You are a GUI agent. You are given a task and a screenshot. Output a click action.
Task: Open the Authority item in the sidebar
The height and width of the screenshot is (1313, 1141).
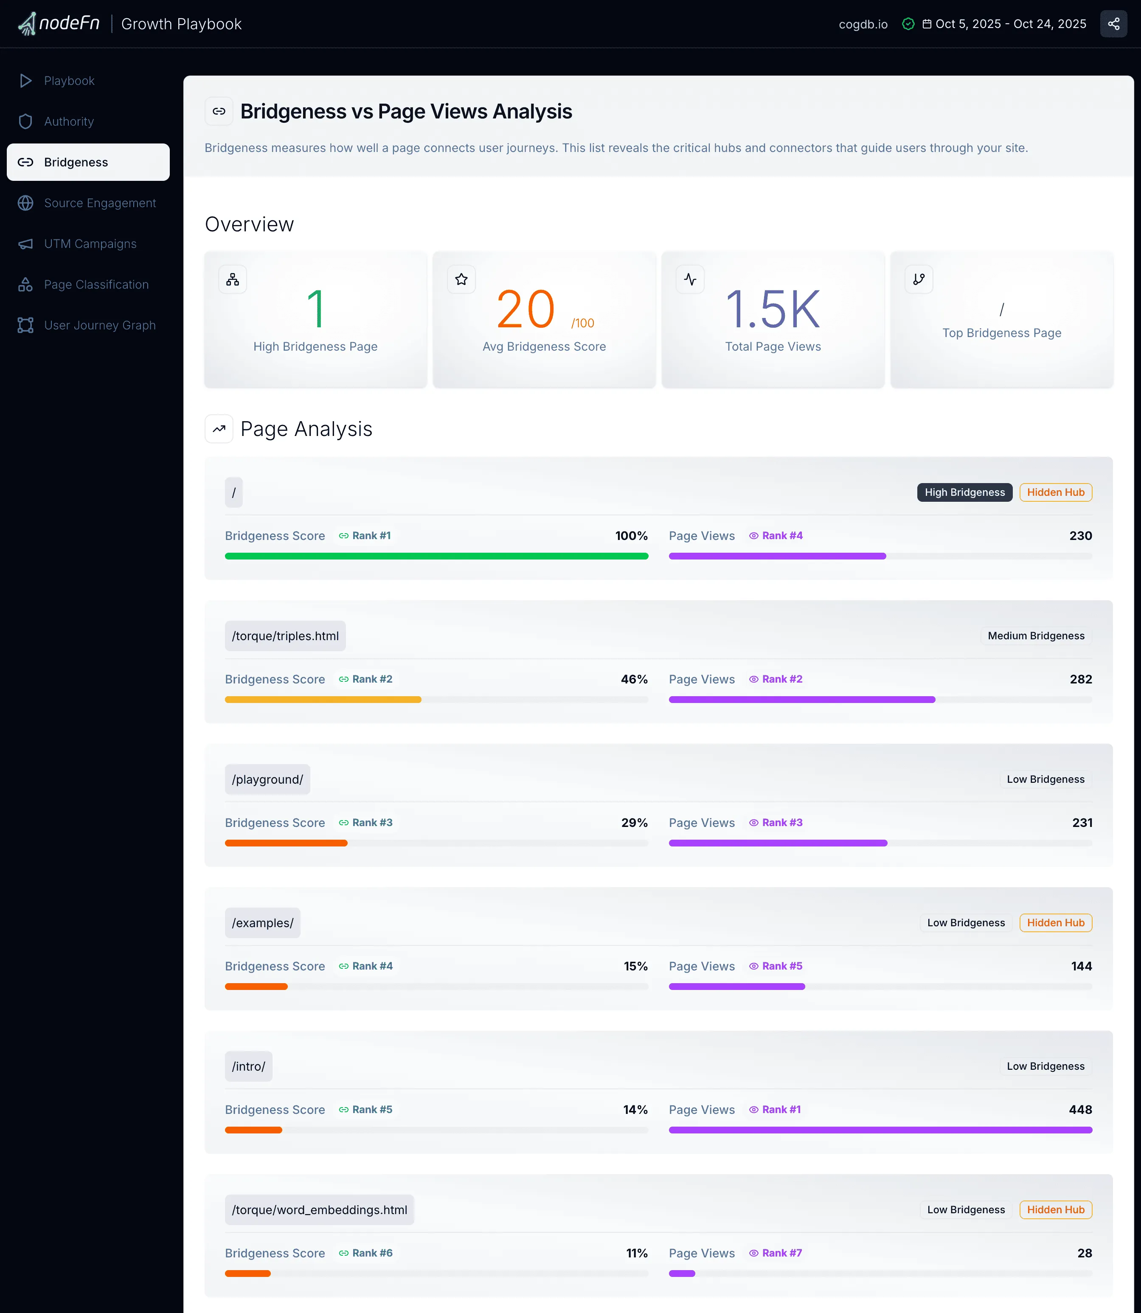(69, 121)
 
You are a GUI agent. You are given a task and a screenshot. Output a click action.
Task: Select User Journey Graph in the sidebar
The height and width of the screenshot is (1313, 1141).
(99, 325)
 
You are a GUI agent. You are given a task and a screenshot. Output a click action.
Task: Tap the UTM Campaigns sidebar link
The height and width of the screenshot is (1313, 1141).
(90, 244)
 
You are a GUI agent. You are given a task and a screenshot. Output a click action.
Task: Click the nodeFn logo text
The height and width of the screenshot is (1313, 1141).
(69, 24)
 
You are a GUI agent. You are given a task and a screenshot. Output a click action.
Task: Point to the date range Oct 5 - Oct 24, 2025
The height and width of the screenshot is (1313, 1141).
(1010, 24)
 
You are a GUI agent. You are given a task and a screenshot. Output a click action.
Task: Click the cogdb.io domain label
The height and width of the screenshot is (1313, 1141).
(863, 24)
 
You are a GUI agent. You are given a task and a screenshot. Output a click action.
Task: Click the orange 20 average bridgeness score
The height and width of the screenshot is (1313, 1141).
(526, 310)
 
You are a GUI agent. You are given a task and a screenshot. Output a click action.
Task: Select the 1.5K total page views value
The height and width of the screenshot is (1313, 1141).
(773, 310)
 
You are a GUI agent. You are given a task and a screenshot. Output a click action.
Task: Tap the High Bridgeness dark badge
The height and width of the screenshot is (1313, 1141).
(964, 492)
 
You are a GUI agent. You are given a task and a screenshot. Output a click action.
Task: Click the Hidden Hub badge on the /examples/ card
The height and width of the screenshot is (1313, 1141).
(1055, 923)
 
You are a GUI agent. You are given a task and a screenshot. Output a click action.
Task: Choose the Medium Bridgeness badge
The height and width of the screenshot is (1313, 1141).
(1035, 635)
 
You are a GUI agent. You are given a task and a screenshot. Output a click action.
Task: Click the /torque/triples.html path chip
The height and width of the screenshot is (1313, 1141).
(285, 636)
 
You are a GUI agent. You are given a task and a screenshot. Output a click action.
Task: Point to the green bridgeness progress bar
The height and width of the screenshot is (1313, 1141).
(436, 557)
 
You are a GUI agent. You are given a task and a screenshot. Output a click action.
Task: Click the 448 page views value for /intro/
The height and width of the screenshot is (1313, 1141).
(1080, 1109)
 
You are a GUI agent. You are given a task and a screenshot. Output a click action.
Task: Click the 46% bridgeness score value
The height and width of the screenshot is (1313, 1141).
(633, 679)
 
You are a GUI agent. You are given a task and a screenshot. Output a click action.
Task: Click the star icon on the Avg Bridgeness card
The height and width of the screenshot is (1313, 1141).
(461, 279)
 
